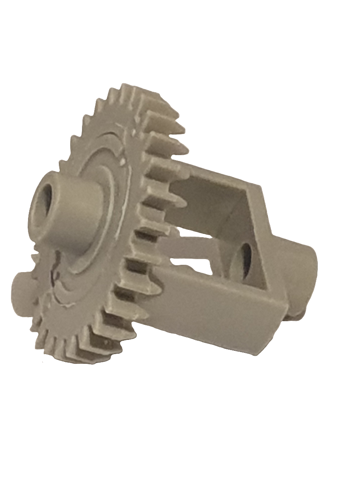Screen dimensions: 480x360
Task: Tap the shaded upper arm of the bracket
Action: (211, 199)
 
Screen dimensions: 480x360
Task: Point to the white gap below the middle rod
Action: (195, 262)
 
